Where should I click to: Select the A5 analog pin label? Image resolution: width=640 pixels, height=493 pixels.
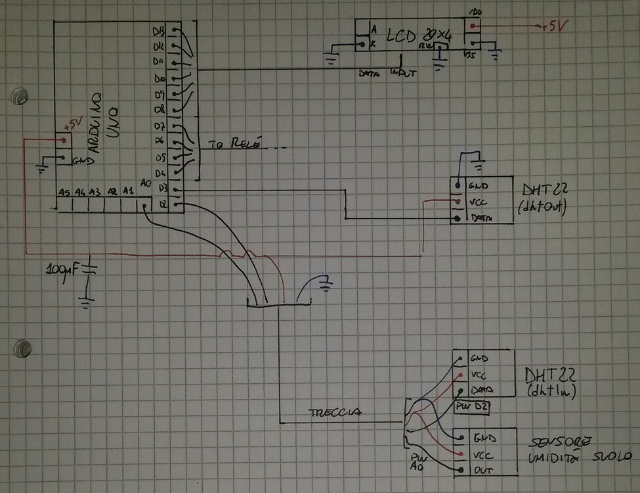point(64,192)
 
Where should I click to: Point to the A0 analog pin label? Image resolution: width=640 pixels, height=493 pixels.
point(146,184)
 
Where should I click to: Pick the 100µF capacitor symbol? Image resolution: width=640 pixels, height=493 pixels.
point(88,269)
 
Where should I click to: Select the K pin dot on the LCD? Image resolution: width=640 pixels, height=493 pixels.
point(361,46)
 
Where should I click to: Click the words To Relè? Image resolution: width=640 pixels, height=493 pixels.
point(234,143)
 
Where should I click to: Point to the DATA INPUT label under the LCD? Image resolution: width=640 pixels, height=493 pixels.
point(387,74)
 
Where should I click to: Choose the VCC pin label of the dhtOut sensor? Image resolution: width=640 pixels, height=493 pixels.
point(480,202)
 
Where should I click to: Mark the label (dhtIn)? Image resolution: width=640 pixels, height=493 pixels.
point(551,393)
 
